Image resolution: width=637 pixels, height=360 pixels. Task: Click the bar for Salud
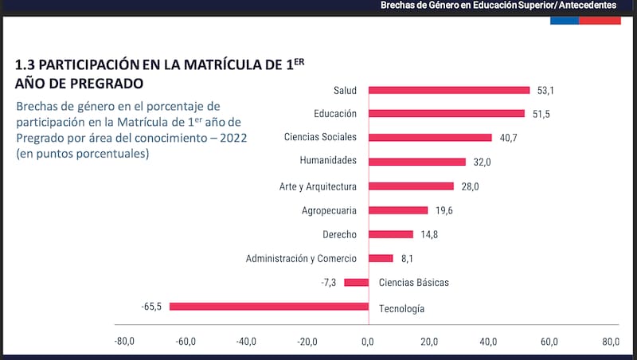[449, 90]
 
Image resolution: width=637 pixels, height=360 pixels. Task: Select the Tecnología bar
[269, 307]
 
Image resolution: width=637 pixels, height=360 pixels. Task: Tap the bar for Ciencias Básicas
[357, 283]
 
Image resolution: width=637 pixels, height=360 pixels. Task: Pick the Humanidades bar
[417, 162]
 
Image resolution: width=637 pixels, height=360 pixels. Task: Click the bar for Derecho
[391, 234]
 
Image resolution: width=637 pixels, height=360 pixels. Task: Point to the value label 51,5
[541, 114]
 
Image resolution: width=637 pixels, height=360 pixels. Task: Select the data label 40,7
[508, 138]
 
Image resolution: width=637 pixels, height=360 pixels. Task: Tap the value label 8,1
[406, 258]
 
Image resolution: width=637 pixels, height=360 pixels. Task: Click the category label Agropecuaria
[330, 210]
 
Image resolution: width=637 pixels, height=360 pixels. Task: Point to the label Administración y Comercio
[301, 258]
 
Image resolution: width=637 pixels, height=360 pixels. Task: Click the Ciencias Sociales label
[320, 138]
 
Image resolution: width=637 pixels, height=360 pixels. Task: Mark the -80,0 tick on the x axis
[124, 342]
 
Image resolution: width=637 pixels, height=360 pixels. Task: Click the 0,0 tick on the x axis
[368, 342]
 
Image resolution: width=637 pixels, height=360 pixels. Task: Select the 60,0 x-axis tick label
[550, 342]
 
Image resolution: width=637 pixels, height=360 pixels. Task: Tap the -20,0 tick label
[307, 342]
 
